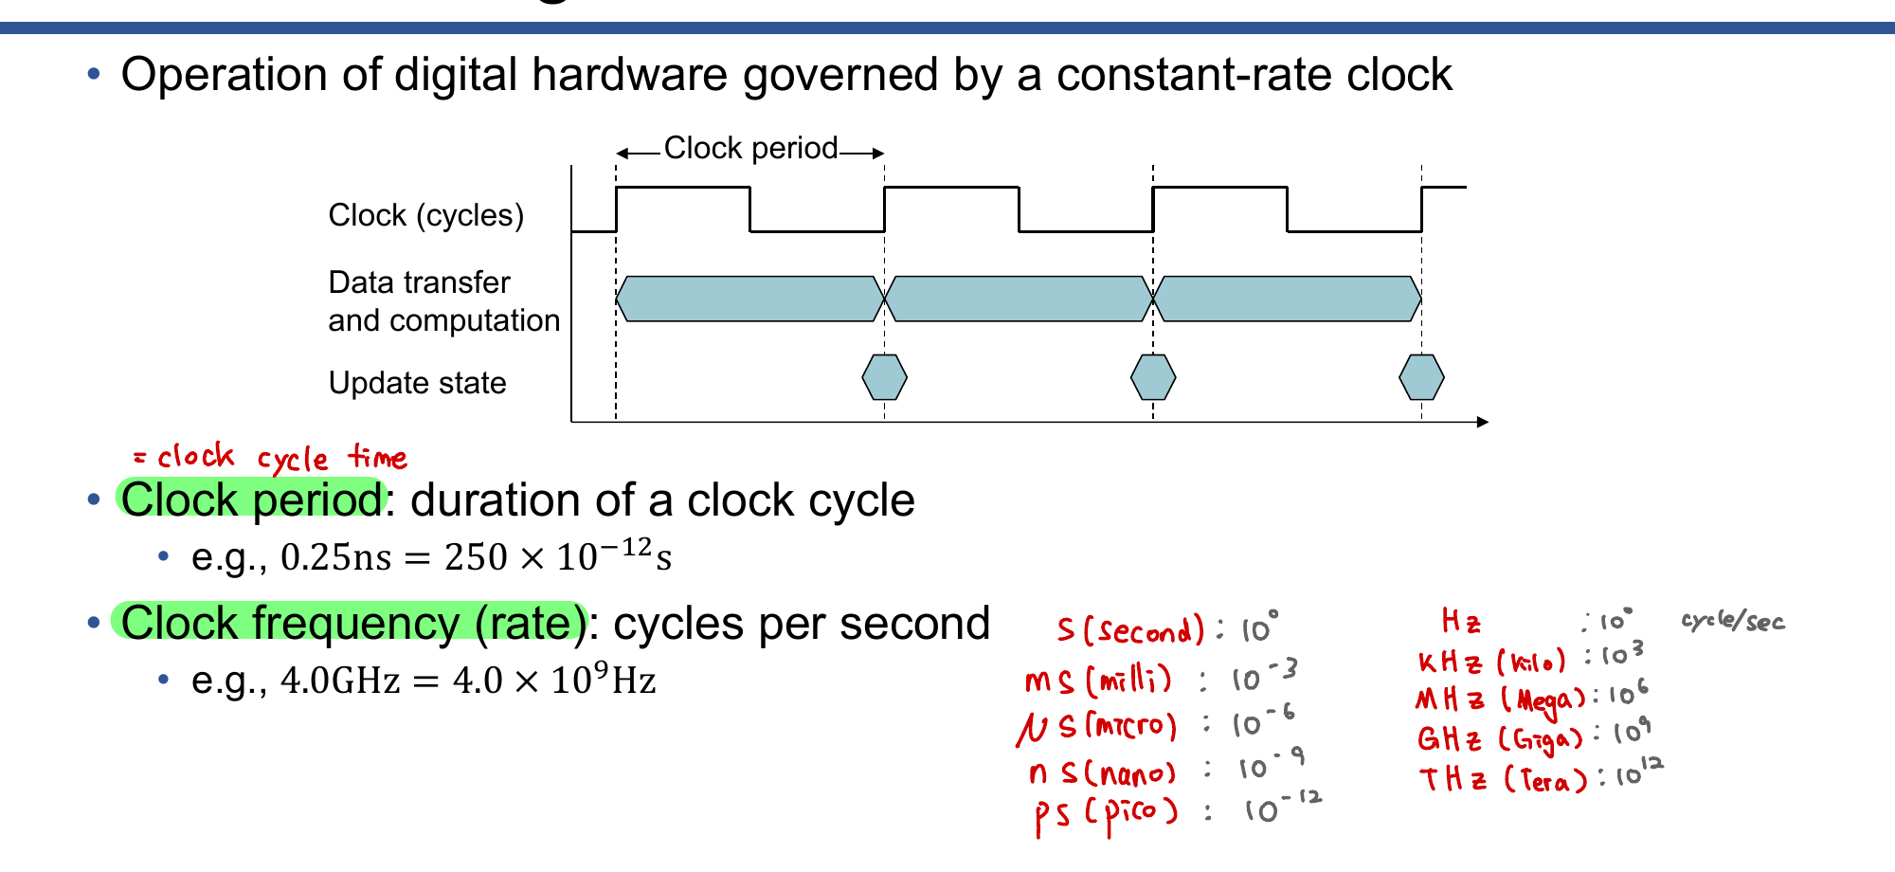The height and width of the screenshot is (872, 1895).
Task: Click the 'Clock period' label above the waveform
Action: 750,149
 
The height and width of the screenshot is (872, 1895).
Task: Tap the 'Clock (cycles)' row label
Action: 426,215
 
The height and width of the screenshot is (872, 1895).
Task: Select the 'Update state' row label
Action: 417,383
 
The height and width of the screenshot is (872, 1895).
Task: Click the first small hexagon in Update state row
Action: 884,377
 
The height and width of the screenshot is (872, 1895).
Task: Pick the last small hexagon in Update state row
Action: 1421,377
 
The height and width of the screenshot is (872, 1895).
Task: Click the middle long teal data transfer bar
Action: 1019,299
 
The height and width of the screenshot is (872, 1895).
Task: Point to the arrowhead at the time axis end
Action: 1483,422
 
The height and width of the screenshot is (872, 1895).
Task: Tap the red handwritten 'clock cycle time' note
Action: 270,458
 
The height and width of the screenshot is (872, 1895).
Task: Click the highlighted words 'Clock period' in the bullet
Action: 251,500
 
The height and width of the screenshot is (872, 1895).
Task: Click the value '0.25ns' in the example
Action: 336,557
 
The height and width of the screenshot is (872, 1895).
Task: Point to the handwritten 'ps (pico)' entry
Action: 1106,813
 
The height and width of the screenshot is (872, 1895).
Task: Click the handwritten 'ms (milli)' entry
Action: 1099,680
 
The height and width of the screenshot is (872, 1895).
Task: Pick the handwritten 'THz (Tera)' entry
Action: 1503,779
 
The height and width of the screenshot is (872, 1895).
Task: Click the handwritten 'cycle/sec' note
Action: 1733,622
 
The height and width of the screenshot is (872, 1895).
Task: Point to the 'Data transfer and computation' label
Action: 443,301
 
